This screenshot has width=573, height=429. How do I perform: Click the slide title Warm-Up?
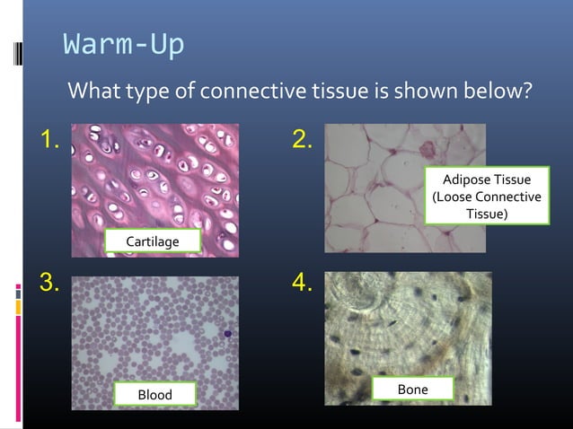click(x=123, y=44)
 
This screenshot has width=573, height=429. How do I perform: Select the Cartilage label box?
click(x=152, y=242)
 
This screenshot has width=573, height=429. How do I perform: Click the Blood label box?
click(x=154, y=395)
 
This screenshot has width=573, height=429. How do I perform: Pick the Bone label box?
click(x=412, y=389)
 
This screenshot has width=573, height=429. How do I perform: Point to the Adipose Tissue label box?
click(x=487, y=197)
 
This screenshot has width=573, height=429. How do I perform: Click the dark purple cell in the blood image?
click(x=227, y=335)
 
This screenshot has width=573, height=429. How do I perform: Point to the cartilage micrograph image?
click(x=154, y=179)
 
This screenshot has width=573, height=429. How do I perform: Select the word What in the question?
click(x=95, y=92)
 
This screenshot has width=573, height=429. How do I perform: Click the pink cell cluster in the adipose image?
click(x=425, y=146)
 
